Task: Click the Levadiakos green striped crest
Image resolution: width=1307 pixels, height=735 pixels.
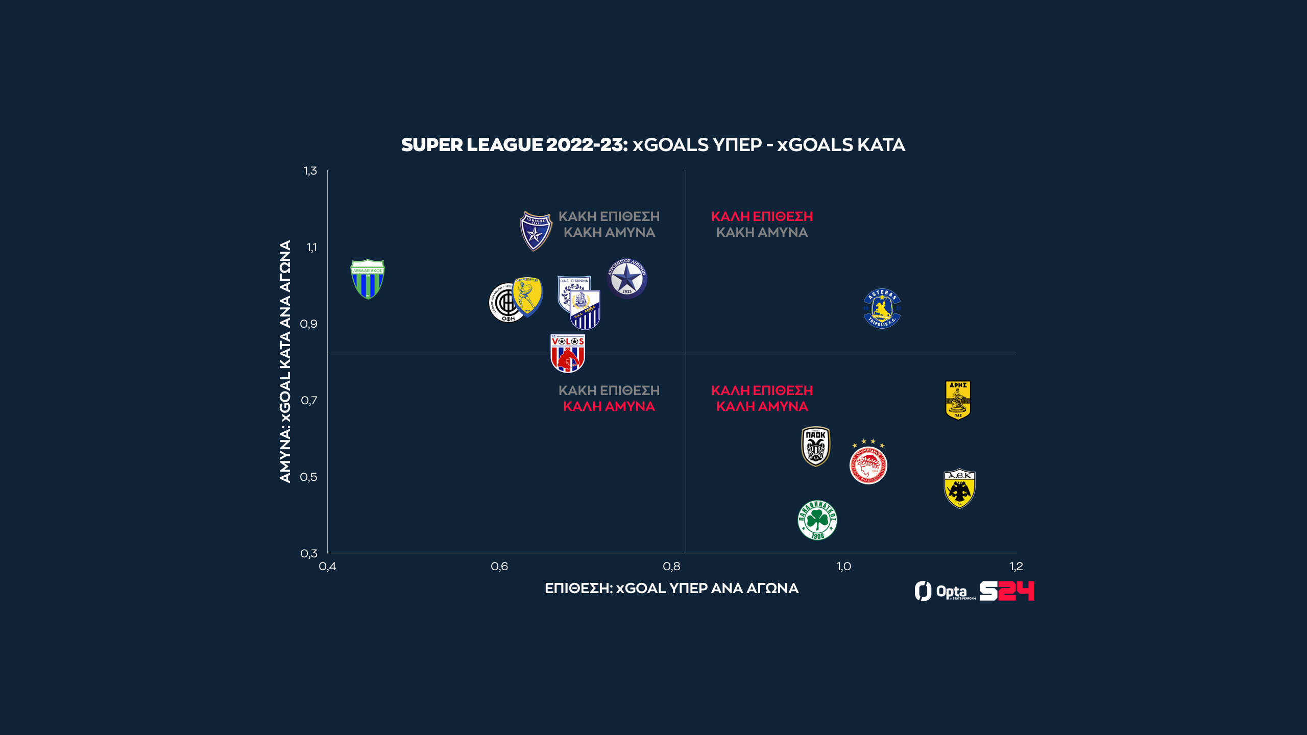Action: click(x=368, y=279)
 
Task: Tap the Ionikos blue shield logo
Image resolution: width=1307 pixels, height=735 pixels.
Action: click(x=535, y=231)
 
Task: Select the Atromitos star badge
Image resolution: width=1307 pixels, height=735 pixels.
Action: click(x=627, y=279)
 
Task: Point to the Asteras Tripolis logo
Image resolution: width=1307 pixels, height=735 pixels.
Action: click(x=882, y=309)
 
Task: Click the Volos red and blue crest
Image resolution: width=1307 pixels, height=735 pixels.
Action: click(x=568, y=353)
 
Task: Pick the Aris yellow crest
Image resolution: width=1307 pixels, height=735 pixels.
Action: click(x=958, y=400)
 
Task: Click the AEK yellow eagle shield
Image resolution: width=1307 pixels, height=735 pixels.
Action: click(x=959, y=488)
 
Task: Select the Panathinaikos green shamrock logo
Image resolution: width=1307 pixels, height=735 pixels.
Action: click(x=817, y=520)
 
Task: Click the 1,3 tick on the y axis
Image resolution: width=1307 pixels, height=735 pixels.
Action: click(x=310, y=171)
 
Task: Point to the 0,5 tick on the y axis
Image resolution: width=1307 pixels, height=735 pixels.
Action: click(x=309, y=477)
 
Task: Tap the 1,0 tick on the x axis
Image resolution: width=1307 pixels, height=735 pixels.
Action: click(x=843, y=567)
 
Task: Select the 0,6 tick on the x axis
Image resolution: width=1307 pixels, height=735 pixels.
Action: click(x=499, y=567)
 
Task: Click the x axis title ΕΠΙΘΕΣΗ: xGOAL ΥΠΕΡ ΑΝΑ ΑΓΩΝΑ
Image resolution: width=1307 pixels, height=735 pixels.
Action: click(x=671, y=589)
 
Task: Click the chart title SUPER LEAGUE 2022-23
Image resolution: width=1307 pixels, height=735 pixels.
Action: click(x=653, y=145)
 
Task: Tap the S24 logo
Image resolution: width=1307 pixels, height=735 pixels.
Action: click(x=1007, y=591)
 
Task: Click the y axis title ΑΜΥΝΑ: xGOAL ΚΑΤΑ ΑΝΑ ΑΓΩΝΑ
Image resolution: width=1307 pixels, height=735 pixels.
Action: click(x=285, y=361)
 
